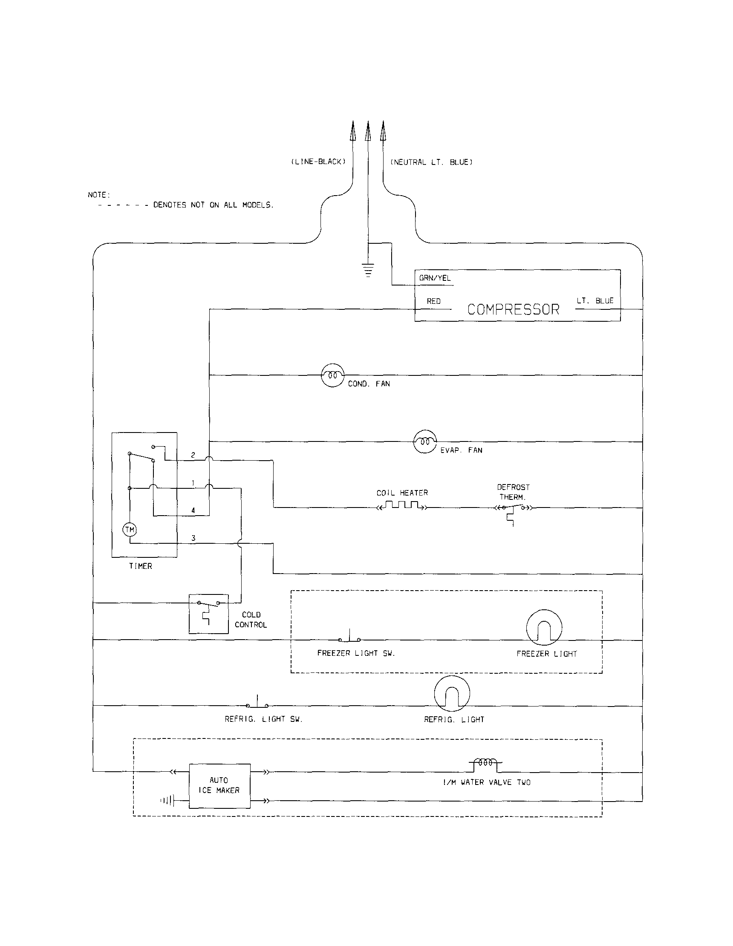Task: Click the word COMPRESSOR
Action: pyautogui.click(x=514, y=309)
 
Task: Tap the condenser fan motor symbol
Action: pyautogui.click(x=332, y=375)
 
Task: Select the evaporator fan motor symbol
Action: pyautogui.click(x=425, y=441)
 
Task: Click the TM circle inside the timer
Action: pyautogui.click(x=130, y=529)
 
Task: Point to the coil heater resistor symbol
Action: pyautogui.click(x=402, y=505)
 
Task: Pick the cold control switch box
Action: pyautogui.click(x=208, y=613)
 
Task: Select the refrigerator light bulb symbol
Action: pyautogui.click(x=451, y=693)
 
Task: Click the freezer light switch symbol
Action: pyautogui.click(x=349, y=637)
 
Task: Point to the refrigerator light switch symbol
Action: pyautogui.click(x=257, y=704)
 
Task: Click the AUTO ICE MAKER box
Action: pyautogui.click(x=219, y=786)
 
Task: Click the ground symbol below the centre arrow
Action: pyautogui.click(x=368, y=270)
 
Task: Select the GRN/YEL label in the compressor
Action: pyautogui.click(x=435, y=278)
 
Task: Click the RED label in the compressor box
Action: pyautogui.click(x=433, y=301)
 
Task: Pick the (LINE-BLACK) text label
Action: pyautogui.click(x=318, y=162)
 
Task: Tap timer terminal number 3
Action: pyautogui.click(x=193, y=538)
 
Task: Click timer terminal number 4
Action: pyautogui.click(x=193, y=510)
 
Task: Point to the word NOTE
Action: pyautogui.click(x=99, y=195)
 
